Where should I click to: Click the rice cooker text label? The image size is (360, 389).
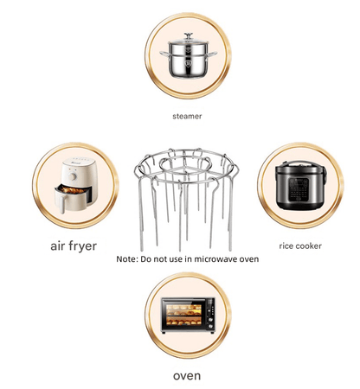point(300,246)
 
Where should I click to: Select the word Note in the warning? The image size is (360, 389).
point(127,259)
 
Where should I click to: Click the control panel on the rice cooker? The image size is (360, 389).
point(294,187)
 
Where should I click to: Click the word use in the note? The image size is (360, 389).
point(183,259)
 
